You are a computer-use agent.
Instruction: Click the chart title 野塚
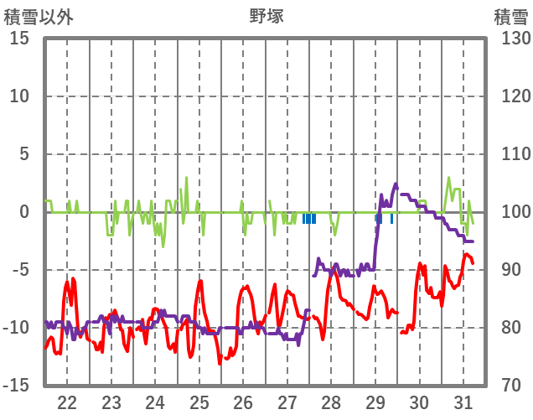266,16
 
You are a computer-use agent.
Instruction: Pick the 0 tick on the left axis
25,212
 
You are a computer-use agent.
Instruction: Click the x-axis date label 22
67,402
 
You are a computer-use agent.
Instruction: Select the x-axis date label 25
199,402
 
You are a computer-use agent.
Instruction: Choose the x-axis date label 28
331,402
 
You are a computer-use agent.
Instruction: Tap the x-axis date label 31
463,402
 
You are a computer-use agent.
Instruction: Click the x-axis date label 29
375,402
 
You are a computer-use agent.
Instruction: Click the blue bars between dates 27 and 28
309,219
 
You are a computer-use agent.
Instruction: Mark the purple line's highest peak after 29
396,184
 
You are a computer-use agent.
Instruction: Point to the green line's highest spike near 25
186,178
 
